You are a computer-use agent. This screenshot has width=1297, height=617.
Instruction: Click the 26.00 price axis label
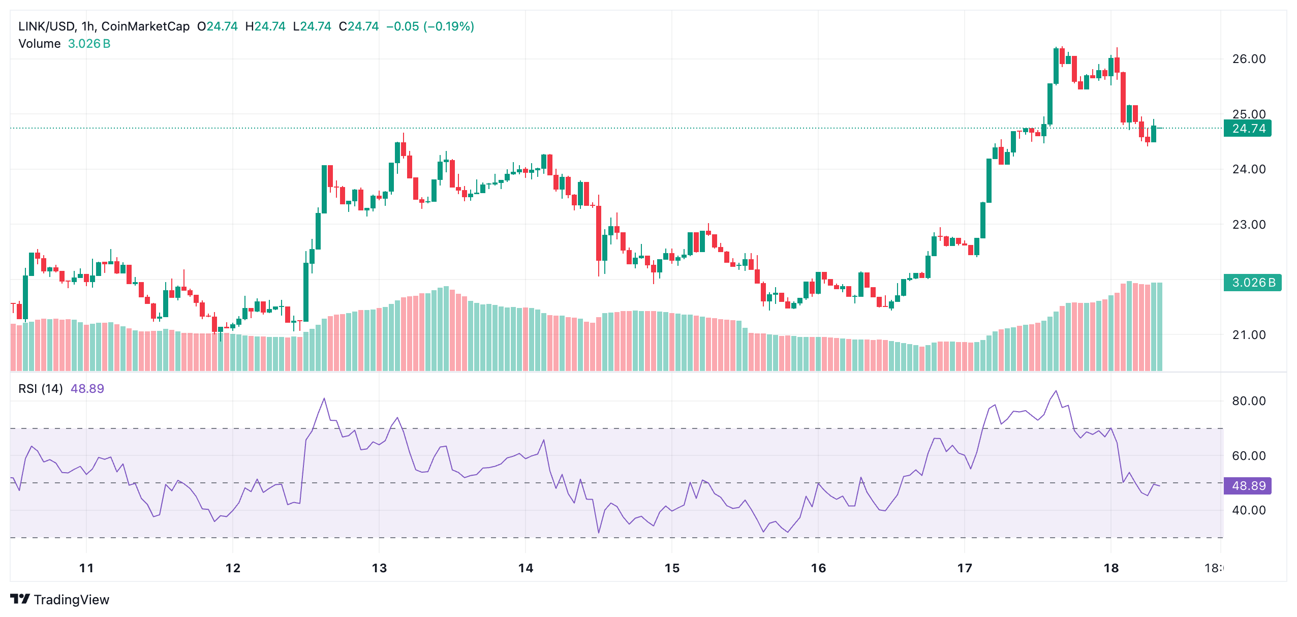point(1248,59)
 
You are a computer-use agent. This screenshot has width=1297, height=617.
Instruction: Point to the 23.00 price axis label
point(1248,225)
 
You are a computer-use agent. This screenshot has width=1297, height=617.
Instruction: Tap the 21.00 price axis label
point(1248,335)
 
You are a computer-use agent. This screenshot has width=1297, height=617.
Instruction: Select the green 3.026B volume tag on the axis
point(1252,283)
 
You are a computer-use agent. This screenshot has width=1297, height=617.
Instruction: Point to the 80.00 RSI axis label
point(1248,401)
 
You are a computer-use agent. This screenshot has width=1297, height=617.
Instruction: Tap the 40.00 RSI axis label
point(1248,510)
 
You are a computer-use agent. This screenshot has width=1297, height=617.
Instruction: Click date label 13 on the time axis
point(379,568)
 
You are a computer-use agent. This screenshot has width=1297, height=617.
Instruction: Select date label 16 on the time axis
point(818,568)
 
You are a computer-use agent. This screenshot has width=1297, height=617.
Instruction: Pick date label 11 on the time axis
point(86,568)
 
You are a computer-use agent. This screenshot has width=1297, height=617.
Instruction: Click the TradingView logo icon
point(20,599)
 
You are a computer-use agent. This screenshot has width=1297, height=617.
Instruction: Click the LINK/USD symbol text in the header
point(47,26)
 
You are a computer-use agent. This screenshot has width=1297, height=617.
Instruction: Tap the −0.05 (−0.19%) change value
point(430,26)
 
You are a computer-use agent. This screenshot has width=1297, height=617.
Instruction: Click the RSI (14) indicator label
point(41,389)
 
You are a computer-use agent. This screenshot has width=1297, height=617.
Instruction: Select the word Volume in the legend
point(40,44)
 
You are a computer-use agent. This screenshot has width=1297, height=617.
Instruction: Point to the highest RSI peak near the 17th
point(1056,391)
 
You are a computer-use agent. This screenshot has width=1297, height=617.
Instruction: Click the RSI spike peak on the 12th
point(324,398)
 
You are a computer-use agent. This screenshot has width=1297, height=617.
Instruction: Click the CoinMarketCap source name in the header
point(145,26)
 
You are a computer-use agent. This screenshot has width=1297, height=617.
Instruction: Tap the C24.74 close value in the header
point(359,26)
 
